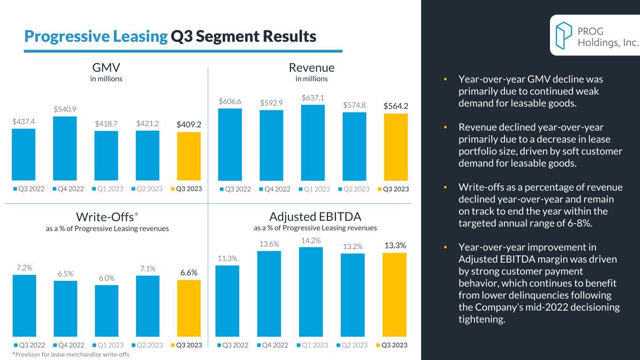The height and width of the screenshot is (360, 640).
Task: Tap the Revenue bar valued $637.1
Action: point(313,142)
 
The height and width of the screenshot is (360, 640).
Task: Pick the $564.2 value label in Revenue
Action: point(396,106)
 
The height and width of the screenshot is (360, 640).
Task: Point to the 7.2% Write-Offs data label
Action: point(24,268)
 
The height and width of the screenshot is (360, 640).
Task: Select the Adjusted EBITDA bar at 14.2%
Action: point(311,292)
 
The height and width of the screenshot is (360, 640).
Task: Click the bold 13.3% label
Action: point(395,246)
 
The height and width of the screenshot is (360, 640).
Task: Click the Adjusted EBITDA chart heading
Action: point(315,217)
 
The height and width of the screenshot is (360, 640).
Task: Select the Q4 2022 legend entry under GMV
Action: point(68,189)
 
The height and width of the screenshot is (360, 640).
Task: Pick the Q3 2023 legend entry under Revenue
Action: point(392,189)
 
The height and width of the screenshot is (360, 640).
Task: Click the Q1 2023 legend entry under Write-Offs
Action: point(109,345)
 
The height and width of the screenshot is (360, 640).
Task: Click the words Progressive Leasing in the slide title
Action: point(96,36)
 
